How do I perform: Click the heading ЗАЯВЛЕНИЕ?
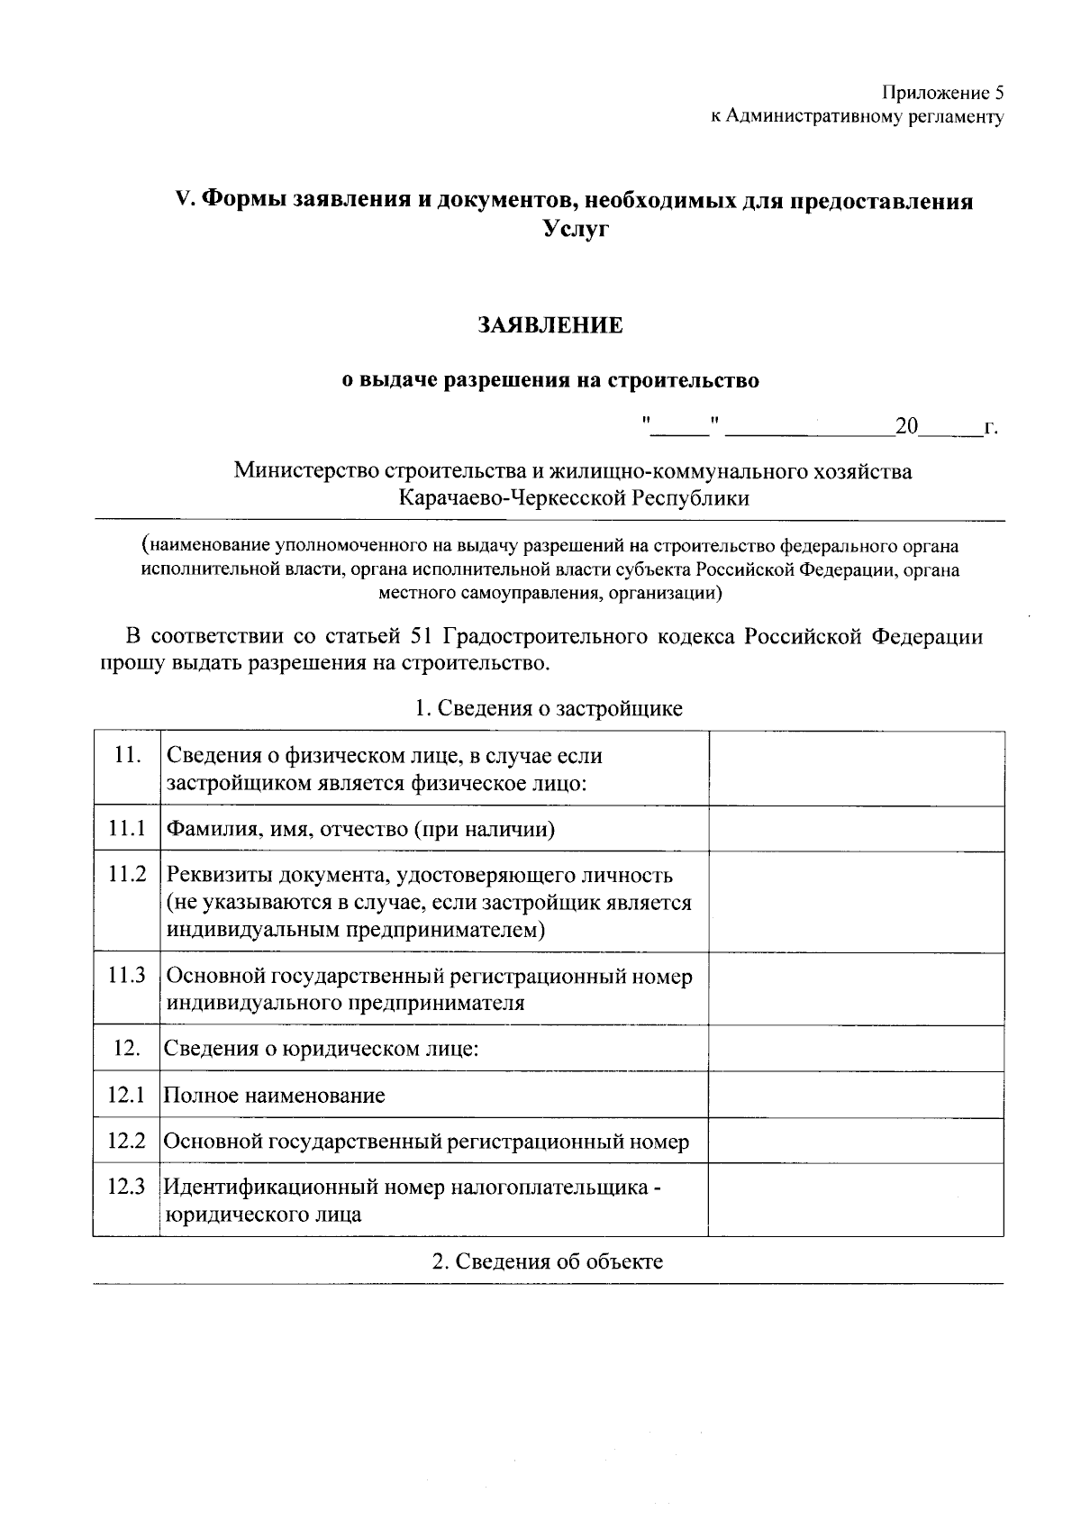coord(550,325)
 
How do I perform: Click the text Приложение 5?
coord(941,93)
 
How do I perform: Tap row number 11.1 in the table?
coord(126,829)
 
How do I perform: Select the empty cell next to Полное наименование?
coord(856,1095)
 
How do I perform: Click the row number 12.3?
coord(126,1187)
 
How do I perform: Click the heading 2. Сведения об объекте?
coord(548,1261)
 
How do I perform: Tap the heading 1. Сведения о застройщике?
coord(548,708)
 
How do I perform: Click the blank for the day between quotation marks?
coord(680,427)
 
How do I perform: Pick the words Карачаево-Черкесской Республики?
coord(575,498)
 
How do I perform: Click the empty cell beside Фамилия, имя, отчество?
coord(856,829)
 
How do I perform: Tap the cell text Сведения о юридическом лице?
coord(321,1049)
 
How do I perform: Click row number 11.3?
coord(126,976)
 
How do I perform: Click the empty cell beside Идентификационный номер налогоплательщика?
coord(856,1200)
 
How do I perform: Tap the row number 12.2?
coord(126,1142)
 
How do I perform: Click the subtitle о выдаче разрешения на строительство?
coord(550,381)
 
